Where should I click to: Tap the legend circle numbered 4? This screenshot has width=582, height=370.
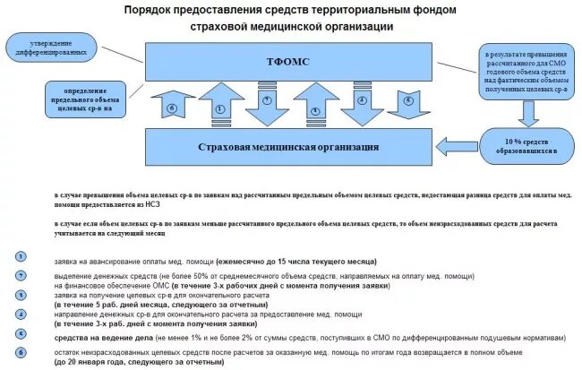[20, 312]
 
